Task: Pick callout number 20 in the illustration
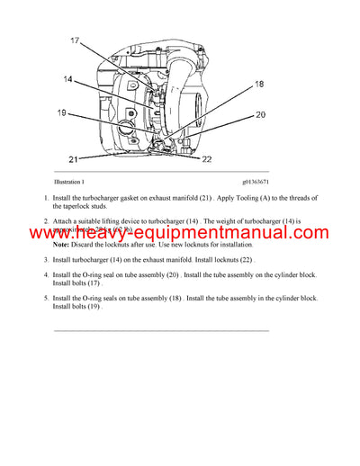(260, 114)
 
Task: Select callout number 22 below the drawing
(232, 159)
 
